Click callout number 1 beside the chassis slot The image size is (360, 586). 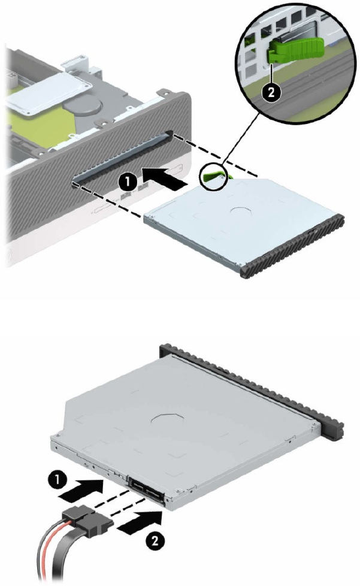coord(128,182)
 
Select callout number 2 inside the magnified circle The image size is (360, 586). coord(271,92)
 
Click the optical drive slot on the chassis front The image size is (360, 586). coord(122,158)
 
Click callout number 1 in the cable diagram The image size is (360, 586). coord(57,480)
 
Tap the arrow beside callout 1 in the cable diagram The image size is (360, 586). coord(81,489)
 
